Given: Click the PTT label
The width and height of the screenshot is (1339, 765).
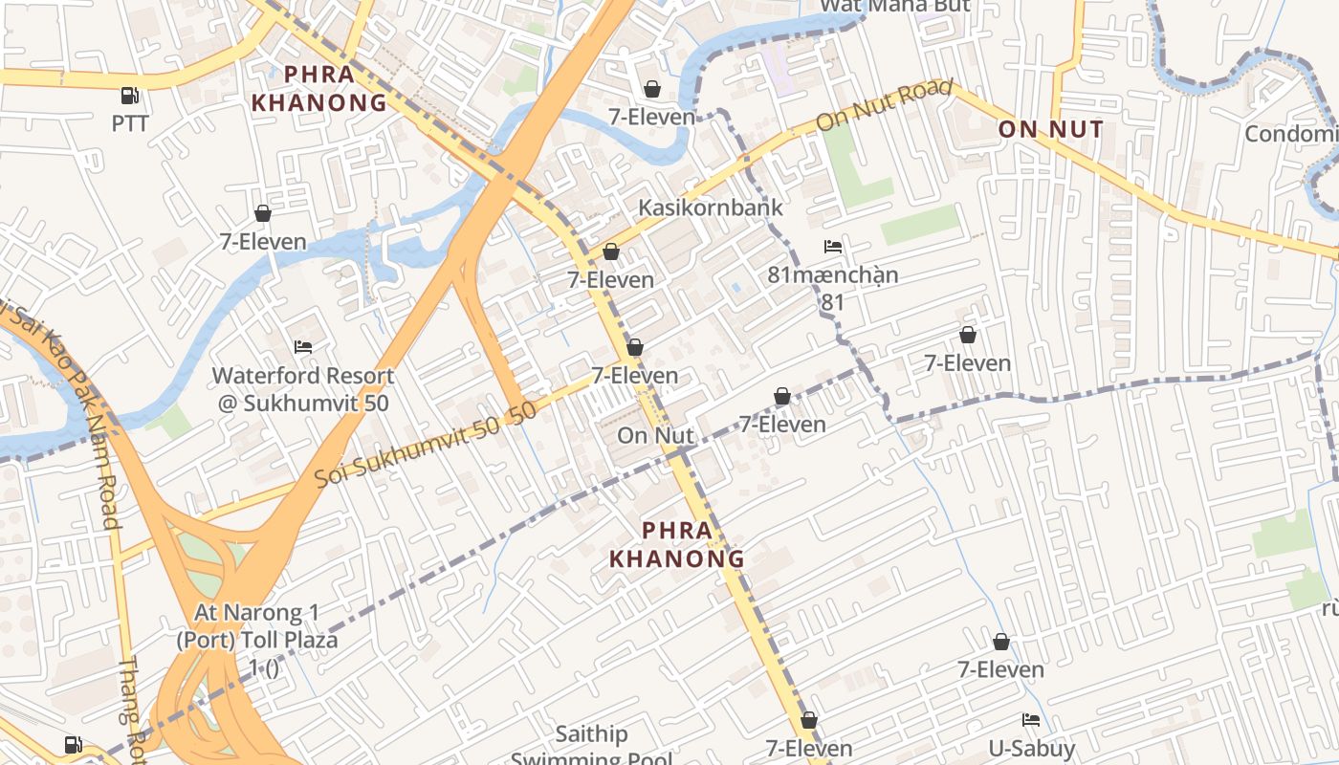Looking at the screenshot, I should coord(130,123).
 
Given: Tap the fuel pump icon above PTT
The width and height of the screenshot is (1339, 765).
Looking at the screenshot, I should coord(129,95).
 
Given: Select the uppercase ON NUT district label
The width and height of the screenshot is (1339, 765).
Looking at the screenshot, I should coord(1050,129).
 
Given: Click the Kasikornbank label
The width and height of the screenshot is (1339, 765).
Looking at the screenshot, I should coord(710,208).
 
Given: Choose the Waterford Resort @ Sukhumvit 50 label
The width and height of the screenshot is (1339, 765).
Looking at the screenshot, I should coord(303,389).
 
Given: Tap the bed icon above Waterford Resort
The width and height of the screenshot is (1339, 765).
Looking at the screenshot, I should coord(303,347).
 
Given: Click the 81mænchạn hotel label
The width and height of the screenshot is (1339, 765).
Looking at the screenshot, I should coord(833,275).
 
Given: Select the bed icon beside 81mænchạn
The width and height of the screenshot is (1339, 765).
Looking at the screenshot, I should coord(833,247).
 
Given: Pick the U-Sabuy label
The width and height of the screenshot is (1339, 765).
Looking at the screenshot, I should coord(1031,748).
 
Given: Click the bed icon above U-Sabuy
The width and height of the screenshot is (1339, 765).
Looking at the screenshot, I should coord(1031,719).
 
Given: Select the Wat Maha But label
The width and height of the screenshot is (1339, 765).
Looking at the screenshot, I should coord(895,5).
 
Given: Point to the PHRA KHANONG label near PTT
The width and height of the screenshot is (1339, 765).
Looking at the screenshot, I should coord(318,88).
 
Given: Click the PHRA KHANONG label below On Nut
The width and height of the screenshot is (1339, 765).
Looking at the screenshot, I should coord(677,544).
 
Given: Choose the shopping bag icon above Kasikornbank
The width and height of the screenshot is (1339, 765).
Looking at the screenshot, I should coord(652,89).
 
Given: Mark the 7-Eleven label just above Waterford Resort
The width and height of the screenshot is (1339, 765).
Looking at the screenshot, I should coord(263,242).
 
